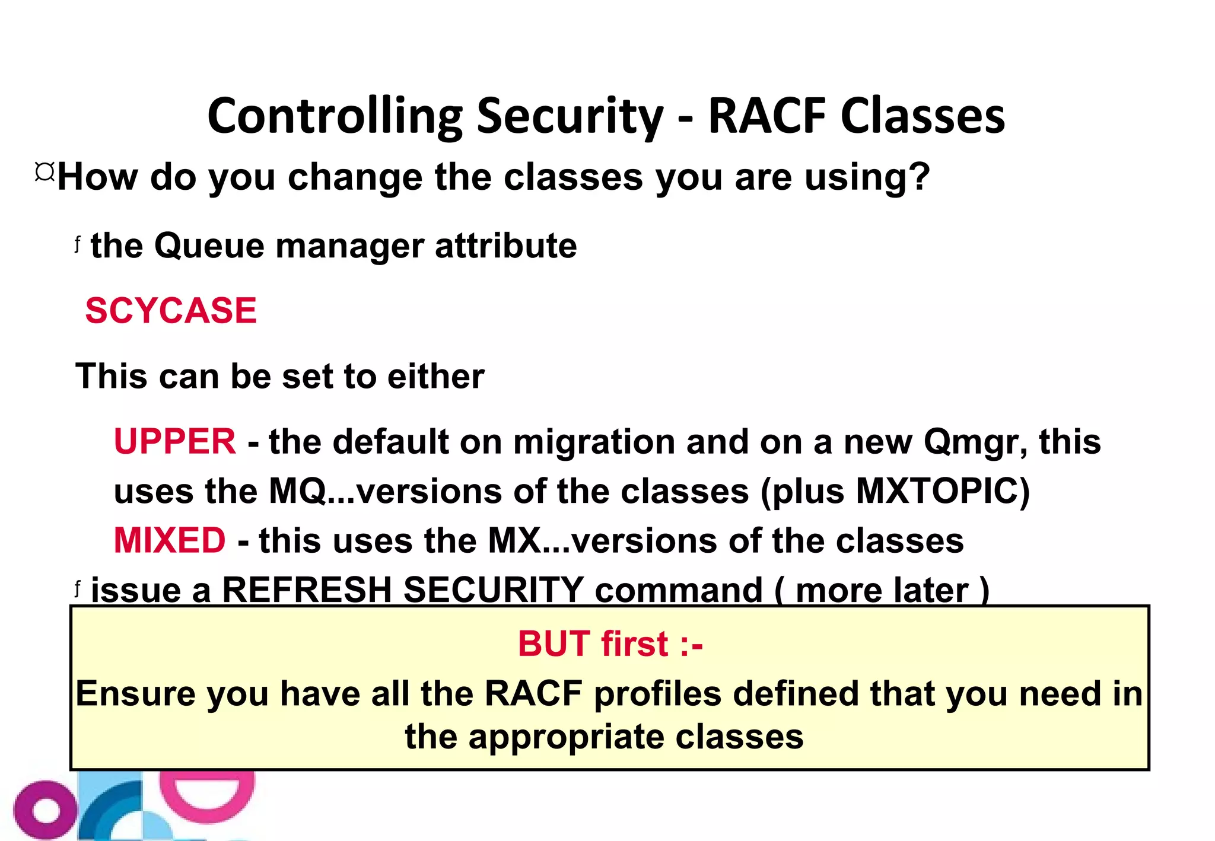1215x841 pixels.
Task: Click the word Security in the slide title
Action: pos(570,117)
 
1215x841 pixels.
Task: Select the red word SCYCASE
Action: pos(171,311)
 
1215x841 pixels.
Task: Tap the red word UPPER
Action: pos(174,442)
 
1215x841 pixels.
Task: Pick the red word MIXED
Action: pos(170,541)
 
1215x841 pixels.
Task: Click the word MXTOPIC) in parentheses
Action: pos(943,492)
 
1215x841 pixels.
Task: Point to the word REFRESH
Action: pos(307,591)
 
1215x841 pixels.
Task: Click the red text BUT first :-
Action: pos(610,644)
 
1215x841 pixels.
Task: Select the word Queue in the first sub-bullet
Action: pos(209,246)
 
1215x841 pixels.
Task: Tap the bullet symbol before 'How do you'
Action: pos(44,173)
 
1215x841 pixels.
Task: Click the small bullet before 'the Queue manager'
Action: pos(77,243)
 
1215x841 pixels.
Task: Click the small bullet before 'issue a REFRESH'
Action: pos(77,588)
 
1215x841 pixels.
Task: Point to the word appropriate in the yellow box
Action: pos(566,738)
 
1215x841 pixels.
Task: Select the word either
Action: pos(435,377)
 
